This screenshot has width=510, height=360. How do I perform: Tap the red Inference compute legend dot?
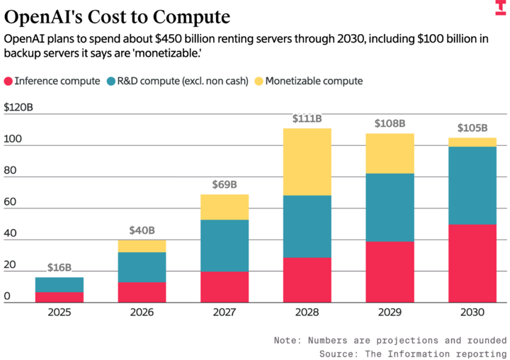click(8, 81)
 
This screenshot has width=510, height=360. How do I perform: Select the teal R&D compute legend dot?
click(112, 81)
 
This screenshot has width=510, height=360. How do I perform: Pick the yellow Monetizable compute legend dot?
click(259, 81)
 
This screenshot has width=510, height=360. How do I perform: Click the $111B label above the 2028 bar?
click(307, 119)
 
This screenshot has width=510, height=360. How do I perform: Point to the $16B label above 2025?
click(59, 267)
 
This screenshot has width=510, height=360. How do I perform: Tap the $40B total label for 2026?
click(142, 230)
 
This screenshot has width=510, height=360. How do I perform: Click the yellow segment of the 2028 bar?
click(307, 162)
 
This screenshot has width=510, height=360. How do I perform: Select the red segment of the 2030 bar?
click(472, 264)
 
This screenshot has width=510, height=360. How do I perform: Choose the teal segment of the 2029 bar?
click(390, 207)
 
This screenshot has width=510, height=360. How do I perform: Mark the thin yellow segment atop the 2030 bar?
click(472, 142)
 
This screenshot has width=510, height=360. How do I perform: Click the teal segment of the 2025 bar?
click(59, 284)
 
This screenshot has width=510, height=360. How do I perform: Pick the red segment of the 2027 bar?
click(225, 287)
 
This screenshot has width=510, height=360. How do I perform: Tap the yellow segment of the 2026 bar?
click(142, 245)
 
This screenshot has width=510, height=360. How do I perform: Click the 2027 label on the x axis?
click(225, 313)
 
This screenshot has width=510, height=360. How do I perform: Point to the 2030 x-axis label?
click(472, 313)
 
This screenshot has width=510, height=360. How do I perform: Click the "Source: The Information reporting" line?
click(413, 352)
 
